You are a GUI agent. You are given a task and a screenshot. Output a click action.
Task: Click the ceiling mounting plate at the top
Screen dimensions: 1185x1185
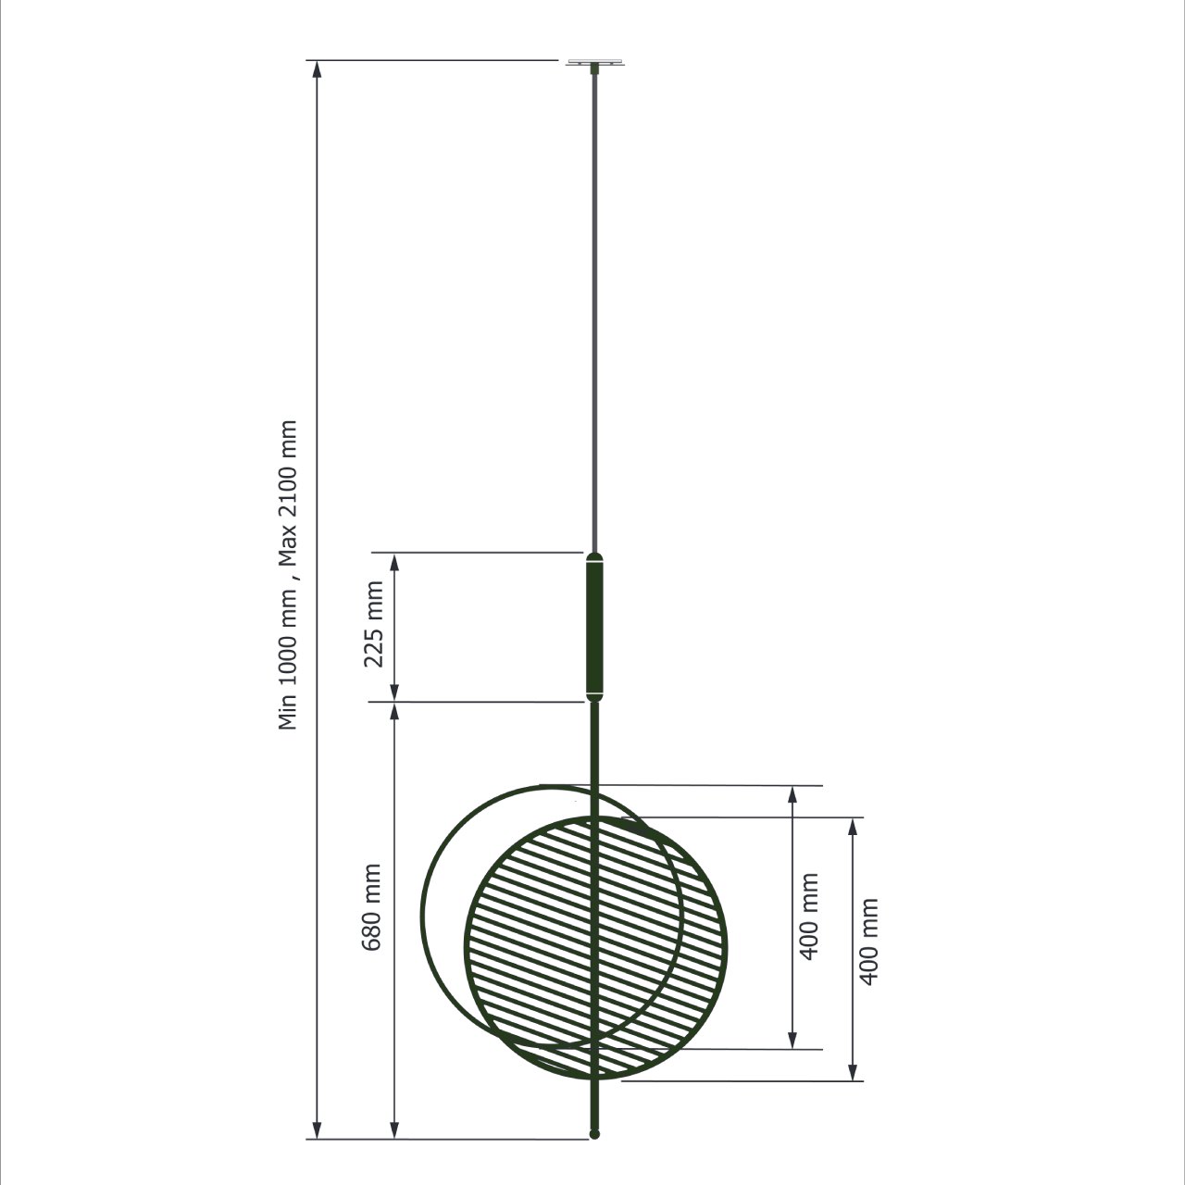594,63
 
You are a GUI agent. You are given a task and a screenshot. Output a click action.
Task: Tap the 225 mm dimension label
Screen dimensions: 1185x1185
373,624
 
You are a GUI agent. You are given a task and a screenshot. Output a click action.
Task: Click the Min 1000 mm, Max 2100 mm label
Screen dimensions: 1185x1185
288,575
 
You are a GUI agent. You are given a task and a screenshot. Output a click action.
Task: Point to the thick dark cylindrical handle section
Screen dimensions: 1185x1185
594,628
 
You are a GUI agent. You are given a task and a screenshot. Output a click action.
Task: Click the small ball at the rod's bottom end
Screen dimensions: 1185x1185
594,1134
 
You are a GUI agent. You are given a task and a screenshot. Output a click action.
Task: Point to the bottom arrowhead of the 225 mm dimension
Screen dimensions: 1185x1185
394,692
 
